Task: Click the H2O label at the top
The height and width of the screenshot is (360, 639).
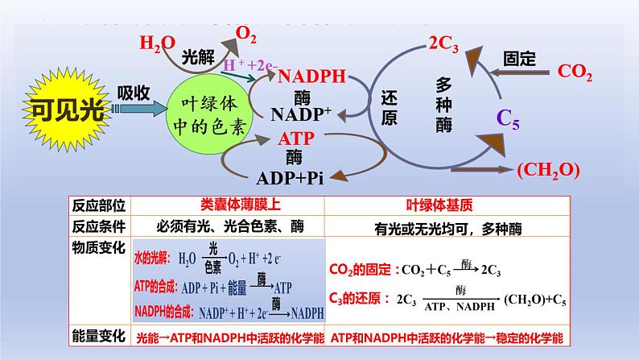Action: (x=155, y=43)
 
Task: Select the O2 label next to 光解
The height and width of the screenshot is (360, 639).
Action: (x=246, y=35)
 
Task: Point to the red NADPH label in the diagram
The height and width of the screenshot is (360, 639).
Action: (x=311, y=77)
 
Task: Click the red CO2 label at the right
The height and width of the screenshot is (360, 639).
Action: (x=575, y=72)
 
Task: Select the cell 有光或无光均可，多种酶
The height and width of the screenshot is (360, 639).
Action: (x=448, y=229)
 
